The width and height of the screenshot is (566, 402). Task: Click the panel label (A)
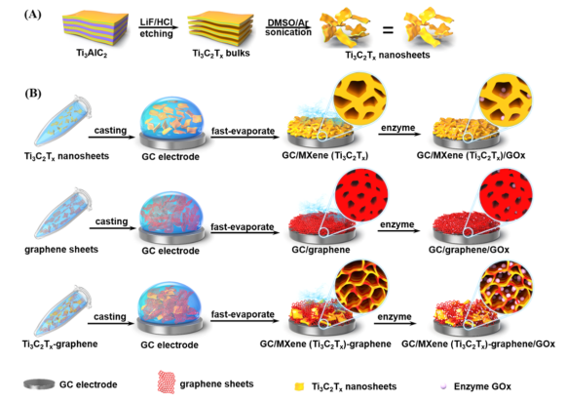click(32, 15)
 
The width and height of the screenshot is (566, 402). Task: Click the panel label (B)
click(32, 94)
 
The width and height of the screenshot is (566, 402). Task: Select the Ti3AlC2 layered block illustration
click(94, 28)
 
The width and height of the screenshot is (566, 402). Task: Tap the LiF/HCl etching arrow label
click(157, 28)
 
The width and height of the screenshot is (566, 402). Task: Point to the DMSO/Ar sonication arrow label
click(288, 28)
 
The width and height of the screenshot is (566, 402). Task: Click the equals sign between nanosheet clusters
click(388, 29)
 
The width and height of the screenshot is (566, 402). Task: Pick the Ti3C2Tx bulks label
click(221, 54)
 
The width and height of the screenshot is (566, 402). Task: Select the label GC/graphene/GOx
click(469, 250)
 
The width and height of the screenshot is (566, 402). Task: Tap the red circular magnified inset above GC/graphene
click(361, 195)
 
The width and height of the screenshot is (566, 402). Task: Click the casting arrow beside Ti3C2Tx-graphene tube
click(110, 323)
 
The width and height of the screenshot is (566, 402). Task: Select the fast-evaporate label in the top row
click(243, 131)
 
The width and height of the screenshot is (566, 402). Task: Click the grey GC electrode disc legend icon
click(39, 384)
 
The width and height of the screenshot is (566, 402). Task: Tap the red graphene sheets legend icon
click(167, 382)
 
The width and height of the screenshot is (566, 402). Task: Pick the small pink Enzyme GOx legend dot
click(443, 386)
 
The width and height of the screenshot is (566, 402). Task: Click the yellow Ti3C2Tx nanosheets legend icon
click(300, 386)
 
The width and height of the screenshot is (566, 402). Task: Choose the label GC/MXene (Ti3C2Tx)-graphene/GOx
click(478, 344)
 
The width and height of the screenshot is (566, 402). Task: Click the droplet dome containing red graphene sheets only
click(171, 214)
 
